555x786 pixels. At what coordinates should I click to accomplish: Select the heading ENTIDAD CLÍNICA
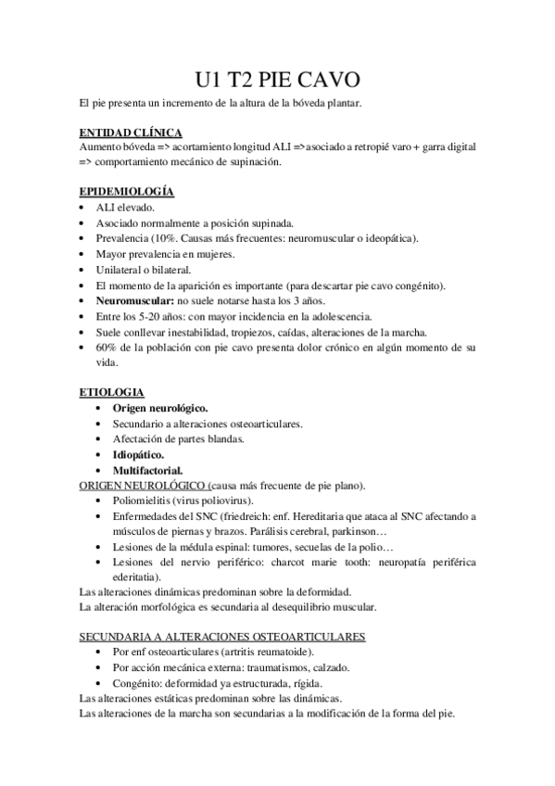coord(130,133)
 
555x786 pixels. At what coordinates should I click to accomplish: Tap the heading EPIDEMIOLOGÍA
coord(126,192)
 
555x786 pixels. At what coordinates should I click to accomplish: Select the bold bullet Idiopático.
coord(139,454)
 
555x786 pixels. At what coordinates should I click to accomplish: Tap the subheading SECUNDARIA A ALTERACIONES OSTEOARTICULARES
coord(222,637)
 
